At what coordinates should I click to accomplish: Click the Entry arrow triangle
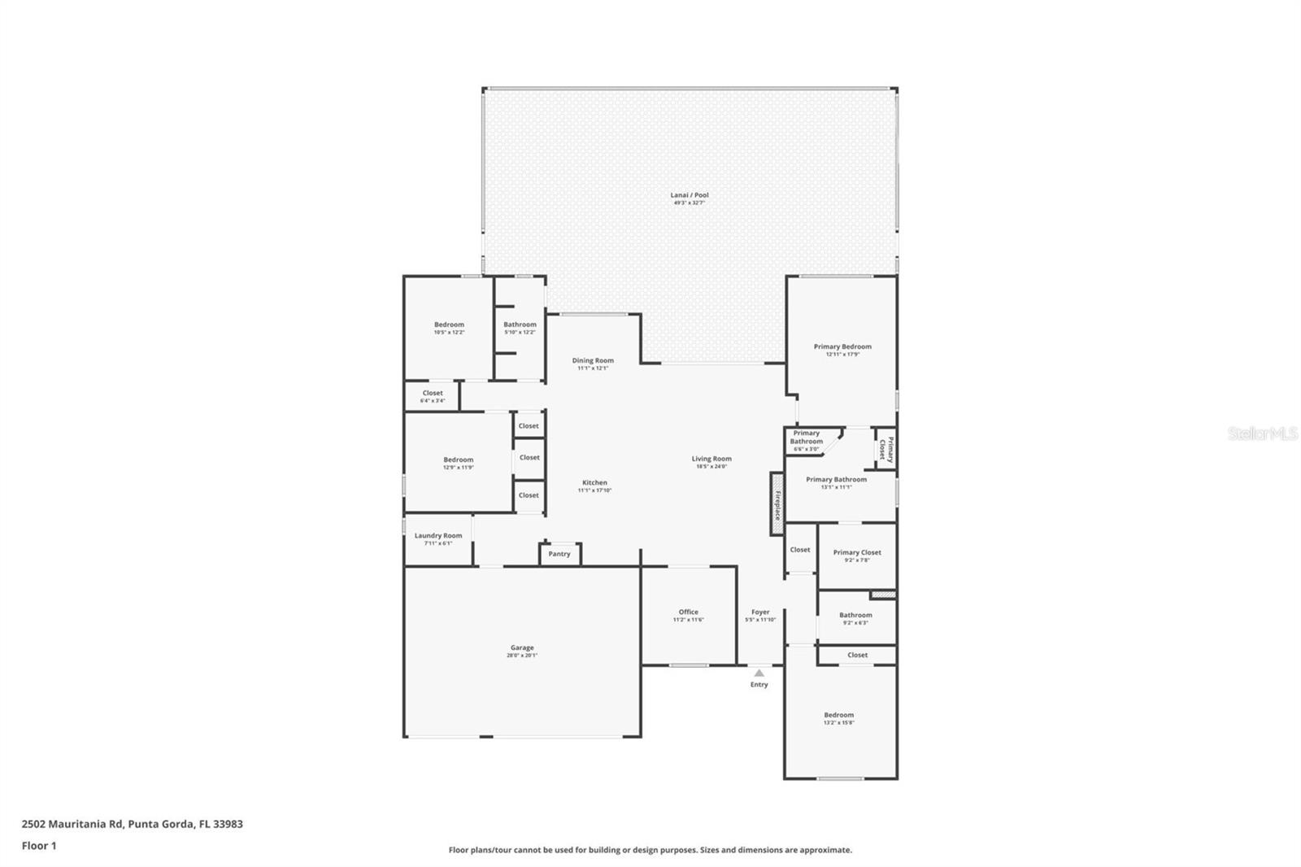click(x=759, y=673)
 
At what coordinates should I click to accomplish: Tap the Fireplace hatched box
click(x=777, y=505)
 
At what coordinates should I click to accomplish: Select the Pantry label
click(x=559, y=554)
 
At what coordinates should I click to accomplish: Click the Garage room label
click(x=522, y=647)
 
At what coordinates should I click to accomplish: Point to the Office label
click(x=688, y=612)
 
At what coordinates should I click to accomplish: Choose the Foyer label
click(x=760, y=612)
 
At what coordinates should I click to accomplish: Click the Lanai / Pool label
click(x=690, y=195)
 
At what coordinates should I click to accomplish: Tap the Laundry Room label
click(x=438, y=535)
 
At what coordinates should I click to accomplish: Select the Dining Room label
click(x=593, y=360)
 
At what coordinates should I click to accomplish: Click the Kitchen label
click(x=594, y=482)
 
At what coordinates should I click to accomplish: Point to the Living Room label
click(x=711, y=459)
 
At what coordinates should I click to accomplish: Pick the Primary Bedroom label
click(x=842, y=346)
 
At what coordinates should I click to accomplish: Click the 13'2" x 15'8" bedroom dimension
click(x=839, y=722)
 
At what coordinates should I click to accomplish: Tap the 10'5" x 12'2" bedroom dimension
click(x=449, y=332)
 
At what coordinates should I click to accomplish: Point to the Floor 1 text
click(x=39, y=846)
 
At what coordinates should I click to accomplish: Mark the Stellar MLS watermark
click(x=1263, y=434)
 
